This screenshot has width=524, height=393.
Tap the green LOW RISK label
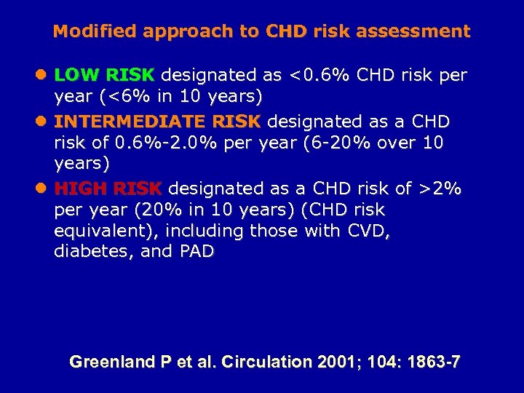click(105, 75)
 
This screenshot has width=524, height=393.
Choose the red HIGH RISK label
click(108, 188)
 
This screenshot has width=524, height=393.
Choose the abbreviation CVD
click(367, 231)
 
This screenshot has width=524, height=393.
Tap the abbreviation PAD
click(195, 252)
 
